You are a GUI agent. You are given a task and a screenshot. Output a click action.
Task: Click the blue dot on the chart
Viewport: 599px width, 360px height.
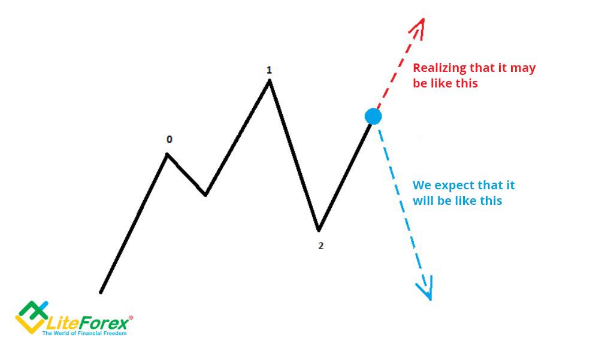tap(373, 116)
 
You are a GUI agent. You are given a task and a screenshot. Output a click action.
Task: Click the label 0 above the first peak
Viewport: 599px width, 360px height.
tap(170, 140)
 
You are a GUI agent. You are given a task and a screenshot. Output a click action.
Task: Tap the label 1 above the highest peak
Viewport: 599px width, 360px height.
tap(269, 70)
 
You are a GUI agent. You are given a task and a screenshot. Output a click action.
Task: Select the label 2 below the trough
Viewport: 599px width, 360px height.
tap(321, 246)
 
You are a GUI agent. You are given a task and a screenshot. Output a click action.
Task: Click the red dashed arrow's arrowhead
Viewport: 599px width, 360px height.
tap(419, 27)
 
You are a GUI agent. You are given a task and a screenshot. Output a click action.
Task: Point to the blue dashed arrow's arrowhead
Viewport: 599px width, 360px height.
tap(426, 289)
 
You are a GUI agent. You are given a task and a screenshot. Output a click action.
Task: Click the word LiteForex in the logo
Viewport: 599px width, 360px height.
tap(87, 323)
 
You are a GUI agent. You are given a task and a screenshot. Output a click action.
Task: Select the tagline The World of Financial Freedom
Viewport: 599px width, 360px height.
tap(84, 333)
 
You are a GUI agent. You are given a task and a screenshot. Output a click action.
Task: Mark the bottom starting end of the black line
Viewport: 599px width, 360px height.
tap(101, 293)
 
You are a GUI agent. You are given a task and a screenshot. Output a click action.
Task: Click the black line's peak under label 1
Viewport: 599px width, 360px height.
tap(270, 81)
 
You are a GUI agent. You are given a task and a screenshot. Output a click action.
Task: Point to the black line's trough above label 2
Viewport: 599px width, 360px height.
tap(319, 230)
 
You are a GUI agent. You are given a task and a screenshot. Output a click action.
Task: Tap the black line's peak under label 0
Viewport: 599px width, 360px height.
tap(167, 154)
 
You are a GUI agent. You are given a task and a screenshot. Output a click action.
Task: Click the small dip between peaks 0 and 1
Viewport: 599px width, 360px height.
tap(205, 195)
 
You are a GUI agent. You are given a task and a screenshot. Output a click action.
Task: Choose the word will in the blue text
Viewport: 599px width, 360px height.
tap(422, 201)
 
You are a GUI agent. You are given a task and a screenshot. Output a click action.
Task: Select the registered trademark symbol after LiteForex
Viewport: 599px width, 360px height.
tap(131, 317)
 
